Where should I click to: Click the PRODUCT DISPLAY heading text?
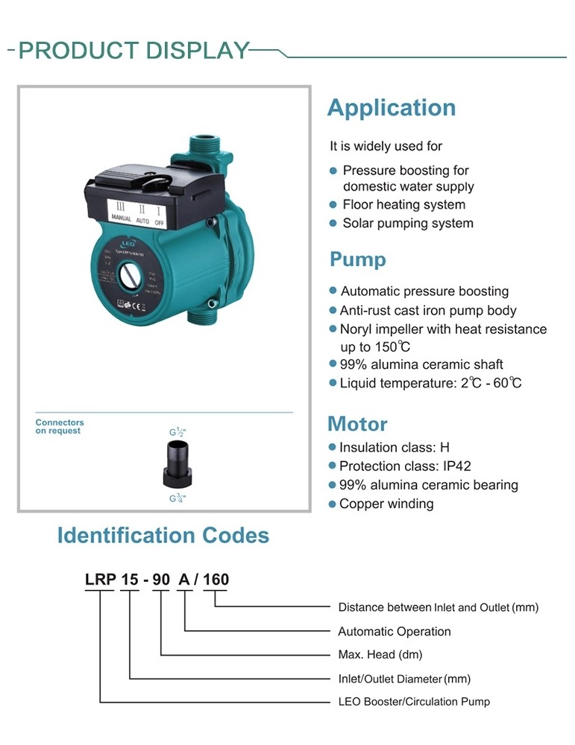[x=133, y=51]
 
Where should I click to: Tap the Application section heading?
[x=391, y=108]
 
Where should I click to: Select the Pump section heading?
[x=358, y=260]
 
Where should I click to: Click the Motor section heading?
[x=357, y=425]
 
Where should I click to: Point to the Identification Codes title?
[x=163, y=536]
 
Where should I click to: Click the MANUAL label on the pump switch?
[x=121, y=219]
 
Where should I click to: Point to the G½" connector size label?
[x=177, y=431]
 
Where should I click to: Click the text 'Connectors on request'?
[x=60, y=427]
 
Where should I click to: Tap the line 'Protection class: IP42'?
[x=405, y=466]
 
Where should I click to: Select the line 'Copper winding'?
[x=386, y=504]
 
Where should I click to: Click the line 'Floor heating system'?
[x=403, y=205]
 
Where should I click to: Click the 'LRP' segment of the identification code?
[x=99, y=580]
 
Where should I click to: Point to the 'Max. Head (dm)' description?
[x=380, y=655]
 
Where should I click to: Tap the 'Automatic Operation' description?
[x=395, y=632]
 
